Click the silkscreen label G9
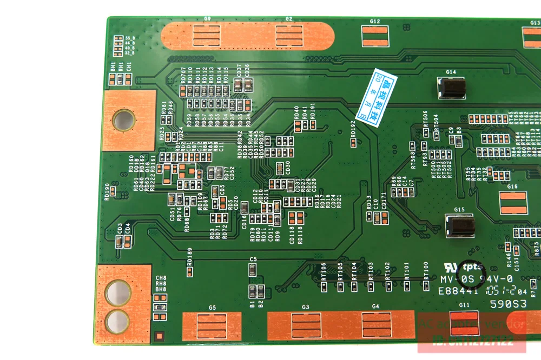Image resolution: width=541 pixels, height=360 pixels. (x=207, y=18)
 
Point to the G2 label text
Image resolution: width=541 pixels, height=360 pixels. (x=289, y=18)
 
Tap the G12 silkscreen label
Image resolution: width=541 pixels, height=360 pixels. (x=375, y=22)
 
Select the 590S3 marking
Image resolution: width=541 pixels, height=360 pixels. (x=508, y=304)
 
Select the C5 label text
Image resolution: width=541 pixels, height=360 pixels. (x=253, y=259)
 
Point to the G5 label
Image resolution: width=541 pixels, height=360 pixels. (x=212, y=308)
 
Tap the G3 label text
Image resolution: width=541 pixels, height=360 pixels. (x=306, y=308)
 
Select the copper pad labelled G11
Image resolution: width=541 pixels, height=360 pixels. (x=464, y=323)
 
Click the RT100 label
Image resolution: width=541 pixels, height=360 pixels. (x=425, y=268)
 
